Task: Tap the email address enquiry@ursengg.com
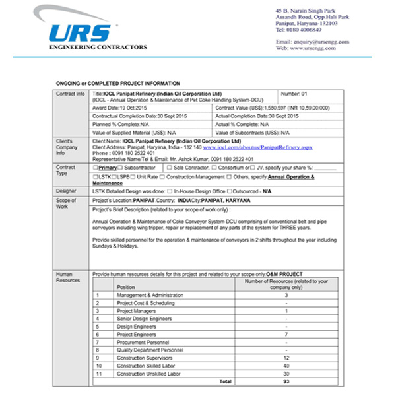tap(321, 42)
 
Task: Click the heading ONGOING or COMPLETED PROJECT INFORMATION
tap(118, 84)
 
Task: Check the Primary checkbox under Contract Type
tap(96, 168)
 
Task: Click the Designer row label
tap(65, 190)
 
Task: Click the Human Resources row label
tap(67, 277)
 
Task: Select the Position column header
tap(125, 287)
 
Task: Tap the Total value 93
tap(286, 381)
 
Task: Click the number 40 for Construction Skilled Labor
tap(286, 366)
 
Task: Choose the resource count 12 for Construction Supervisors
tap(286, 358)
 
